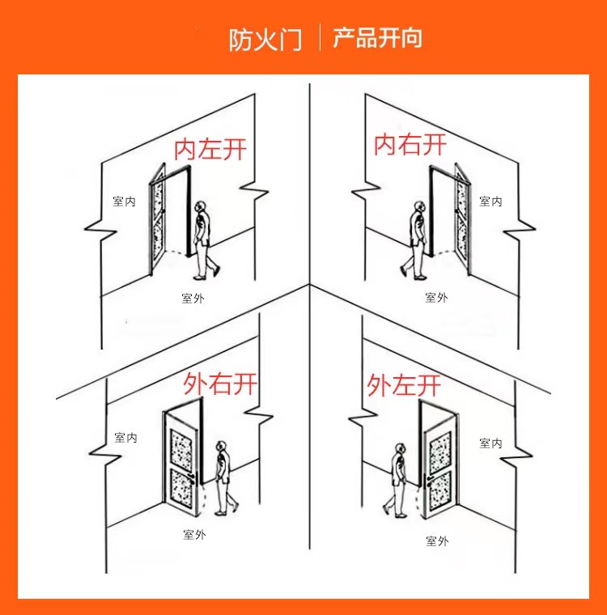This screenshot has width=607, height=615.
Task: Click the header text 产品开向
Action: coord(377,38)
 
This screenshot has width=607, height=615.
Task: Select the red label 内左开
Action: coord(210,149)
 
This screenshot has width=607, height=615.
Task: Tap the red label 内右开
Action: coord(410,145)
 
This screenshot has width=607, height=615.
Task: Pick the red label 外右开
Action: coord(220,383)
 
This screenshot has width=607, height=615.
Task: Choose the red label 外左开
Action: coord(404,384)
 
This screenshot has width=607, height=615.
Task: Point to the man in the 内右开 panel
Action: coord(416,239)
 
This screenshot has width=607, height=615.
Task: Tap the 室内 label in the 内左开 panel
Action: coord(124,201)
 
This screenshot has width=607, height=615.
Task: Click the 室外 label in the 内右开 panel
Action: coord(436,298)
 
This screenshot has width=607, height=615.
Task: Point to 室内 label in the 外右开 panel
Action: coord(125,438)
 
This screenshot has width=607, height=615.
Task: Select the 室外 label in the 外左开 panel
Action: coord(436,541)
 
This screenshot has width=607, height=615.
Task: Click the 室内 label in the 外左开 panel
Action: coord(490,443)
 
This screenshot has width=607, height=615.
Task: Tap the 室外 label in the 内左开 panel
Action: coord(193,299)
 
